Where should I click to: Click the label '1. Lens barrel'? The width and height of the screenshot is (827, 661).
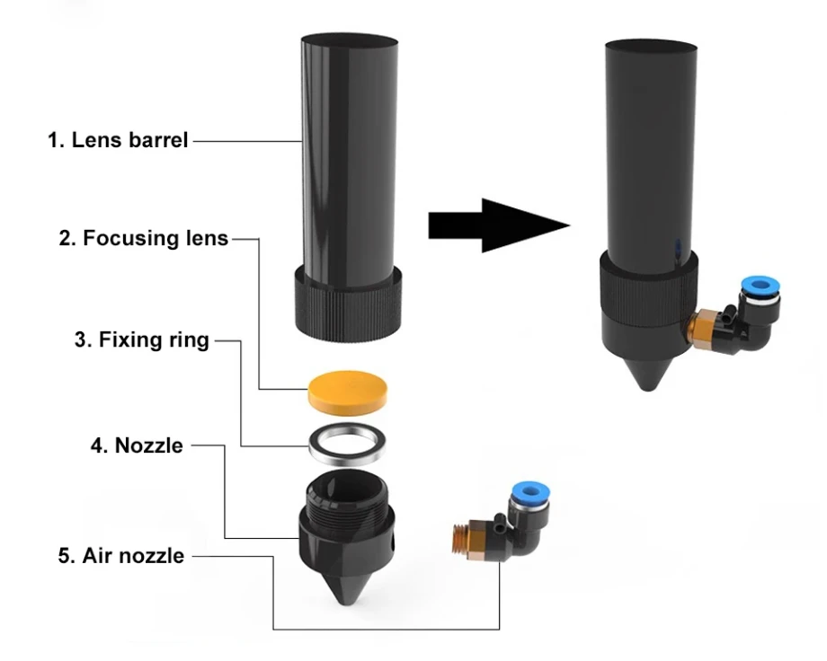coord(118,140)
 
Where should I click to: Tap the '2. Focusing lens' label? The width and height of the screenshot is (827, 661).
coord(144,238)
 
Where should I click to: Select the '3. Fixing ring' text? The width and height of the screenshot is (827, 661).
coord(142,340)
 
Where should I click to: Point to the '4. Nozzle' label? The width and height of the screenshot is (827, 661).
coord(137,445)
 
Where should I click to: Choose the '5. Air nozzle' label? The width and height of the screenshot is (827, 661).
coord(121,556)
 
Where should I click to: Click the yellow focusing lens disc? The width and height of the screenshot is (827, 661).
coord(347,392)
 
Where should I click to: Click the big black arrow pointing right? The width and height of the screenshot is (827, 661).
coord(498,225)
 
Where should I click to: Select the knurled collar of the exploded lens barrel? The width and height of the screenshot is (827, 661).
coord(348,304)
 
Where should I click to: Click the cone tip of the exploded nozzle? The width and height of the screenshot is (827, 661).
coord(346,600)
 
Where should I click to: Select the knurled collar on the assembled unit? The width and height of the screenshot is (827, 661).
coord(649,291)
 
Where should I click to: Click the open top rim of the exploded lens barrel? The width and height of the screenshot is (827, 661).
coord(350,40)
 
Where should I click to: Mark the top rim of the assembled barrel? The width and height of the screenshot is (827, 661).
coord(651,46)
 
